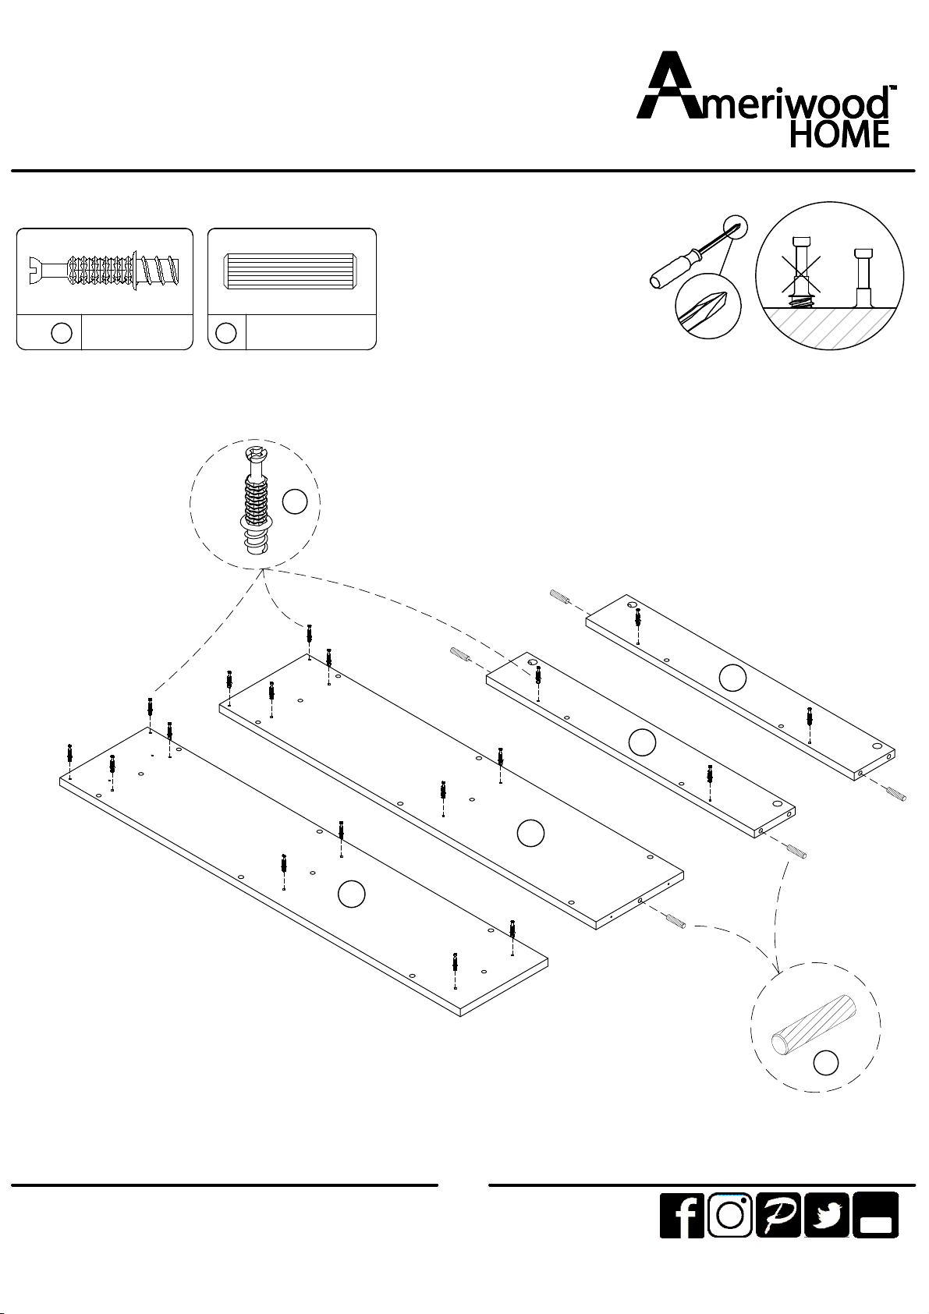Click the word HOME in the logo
[839, 133]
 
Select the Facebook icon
[682, 1215]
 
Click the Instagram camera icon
[729, 1215]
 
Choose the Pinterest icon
[778, 1215]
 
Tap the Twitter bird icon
[826, 1215]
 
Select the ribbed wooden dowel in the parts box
[291, 271]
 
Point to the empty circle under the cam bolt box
[62, 333]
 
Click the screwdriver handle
[675, 270]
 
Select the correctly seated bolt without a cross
[863, 278]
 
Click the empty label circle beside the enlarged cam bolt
[295, 501]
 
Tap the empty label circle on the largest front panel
[352, 894]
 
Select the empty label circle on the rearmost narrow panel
[732, 678]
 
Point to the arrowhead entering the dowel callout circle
[778, 969]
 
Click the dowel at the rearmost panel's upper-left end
[560, 597]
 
